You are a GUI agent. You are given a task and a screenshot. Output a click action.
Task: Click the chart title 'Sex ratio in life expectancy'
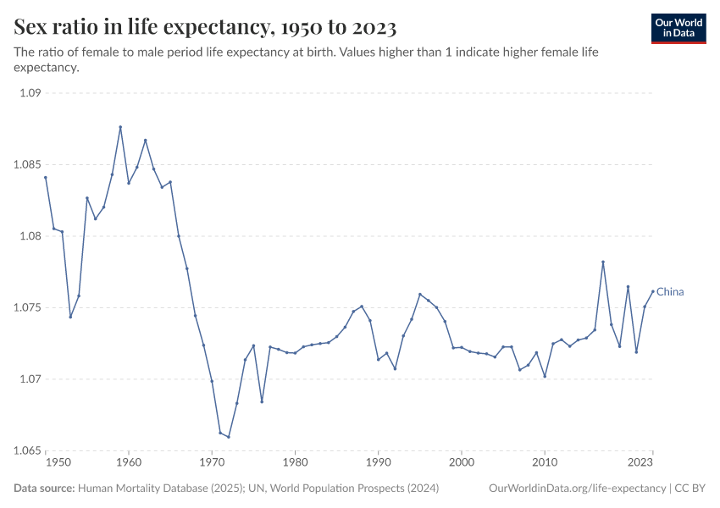pyautogui.click(x=206, y=28)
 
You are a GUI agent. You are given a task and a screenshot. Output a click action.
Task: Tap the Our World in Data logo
pyautogui.click(x=678, y=28)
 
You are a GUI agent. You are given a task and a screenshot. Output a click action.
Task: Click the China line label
pyautogui.click(x=670, y=292)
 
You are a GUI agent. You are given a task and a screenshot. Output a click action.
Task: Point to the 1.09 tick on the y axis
pyautogui.click(x=30, y=93)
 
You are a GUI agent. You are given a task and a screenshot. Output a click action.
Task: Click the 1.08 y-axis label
pyautogui.click(x=30, y=236)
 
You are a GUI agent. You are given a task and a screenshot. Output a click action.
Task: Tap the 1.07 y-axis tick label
pyautogui.click(x=30, y=378)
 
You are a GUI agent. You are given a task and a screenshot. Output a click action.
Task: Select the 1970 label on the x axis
pyautogui.click(x=212, y=463)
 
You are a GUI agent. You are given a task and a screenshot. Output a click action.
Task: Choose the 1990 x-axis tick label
pyautogui.click(x=378, y=463)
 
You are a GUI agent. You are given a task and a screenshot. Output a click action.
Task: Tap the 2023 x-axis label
pyautogui.click(x=641, y=463)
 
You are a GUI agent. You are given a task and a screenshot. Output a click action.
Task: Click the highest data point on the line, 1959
pyautogui.click(x=120, y=127)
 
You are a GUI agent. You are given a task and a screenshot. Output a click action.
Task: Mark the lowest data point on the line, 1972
pyautogui.click(x=229, y=437)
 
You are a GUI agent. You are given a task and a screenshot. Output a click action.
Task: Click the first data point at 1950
pyautogui.click(x=46, y=177)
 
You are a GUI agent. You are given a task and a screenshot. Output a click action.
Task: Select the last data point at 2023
pyautogui.click(x=653, y=291)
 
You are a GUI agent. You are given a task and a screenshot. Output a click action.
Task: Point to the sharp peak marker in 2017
pyautogui.click(x=603, y=262)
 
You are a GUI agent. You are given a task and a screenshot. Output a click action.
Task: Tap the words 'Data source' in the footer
pyautogui.click(x=44, y=489)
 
